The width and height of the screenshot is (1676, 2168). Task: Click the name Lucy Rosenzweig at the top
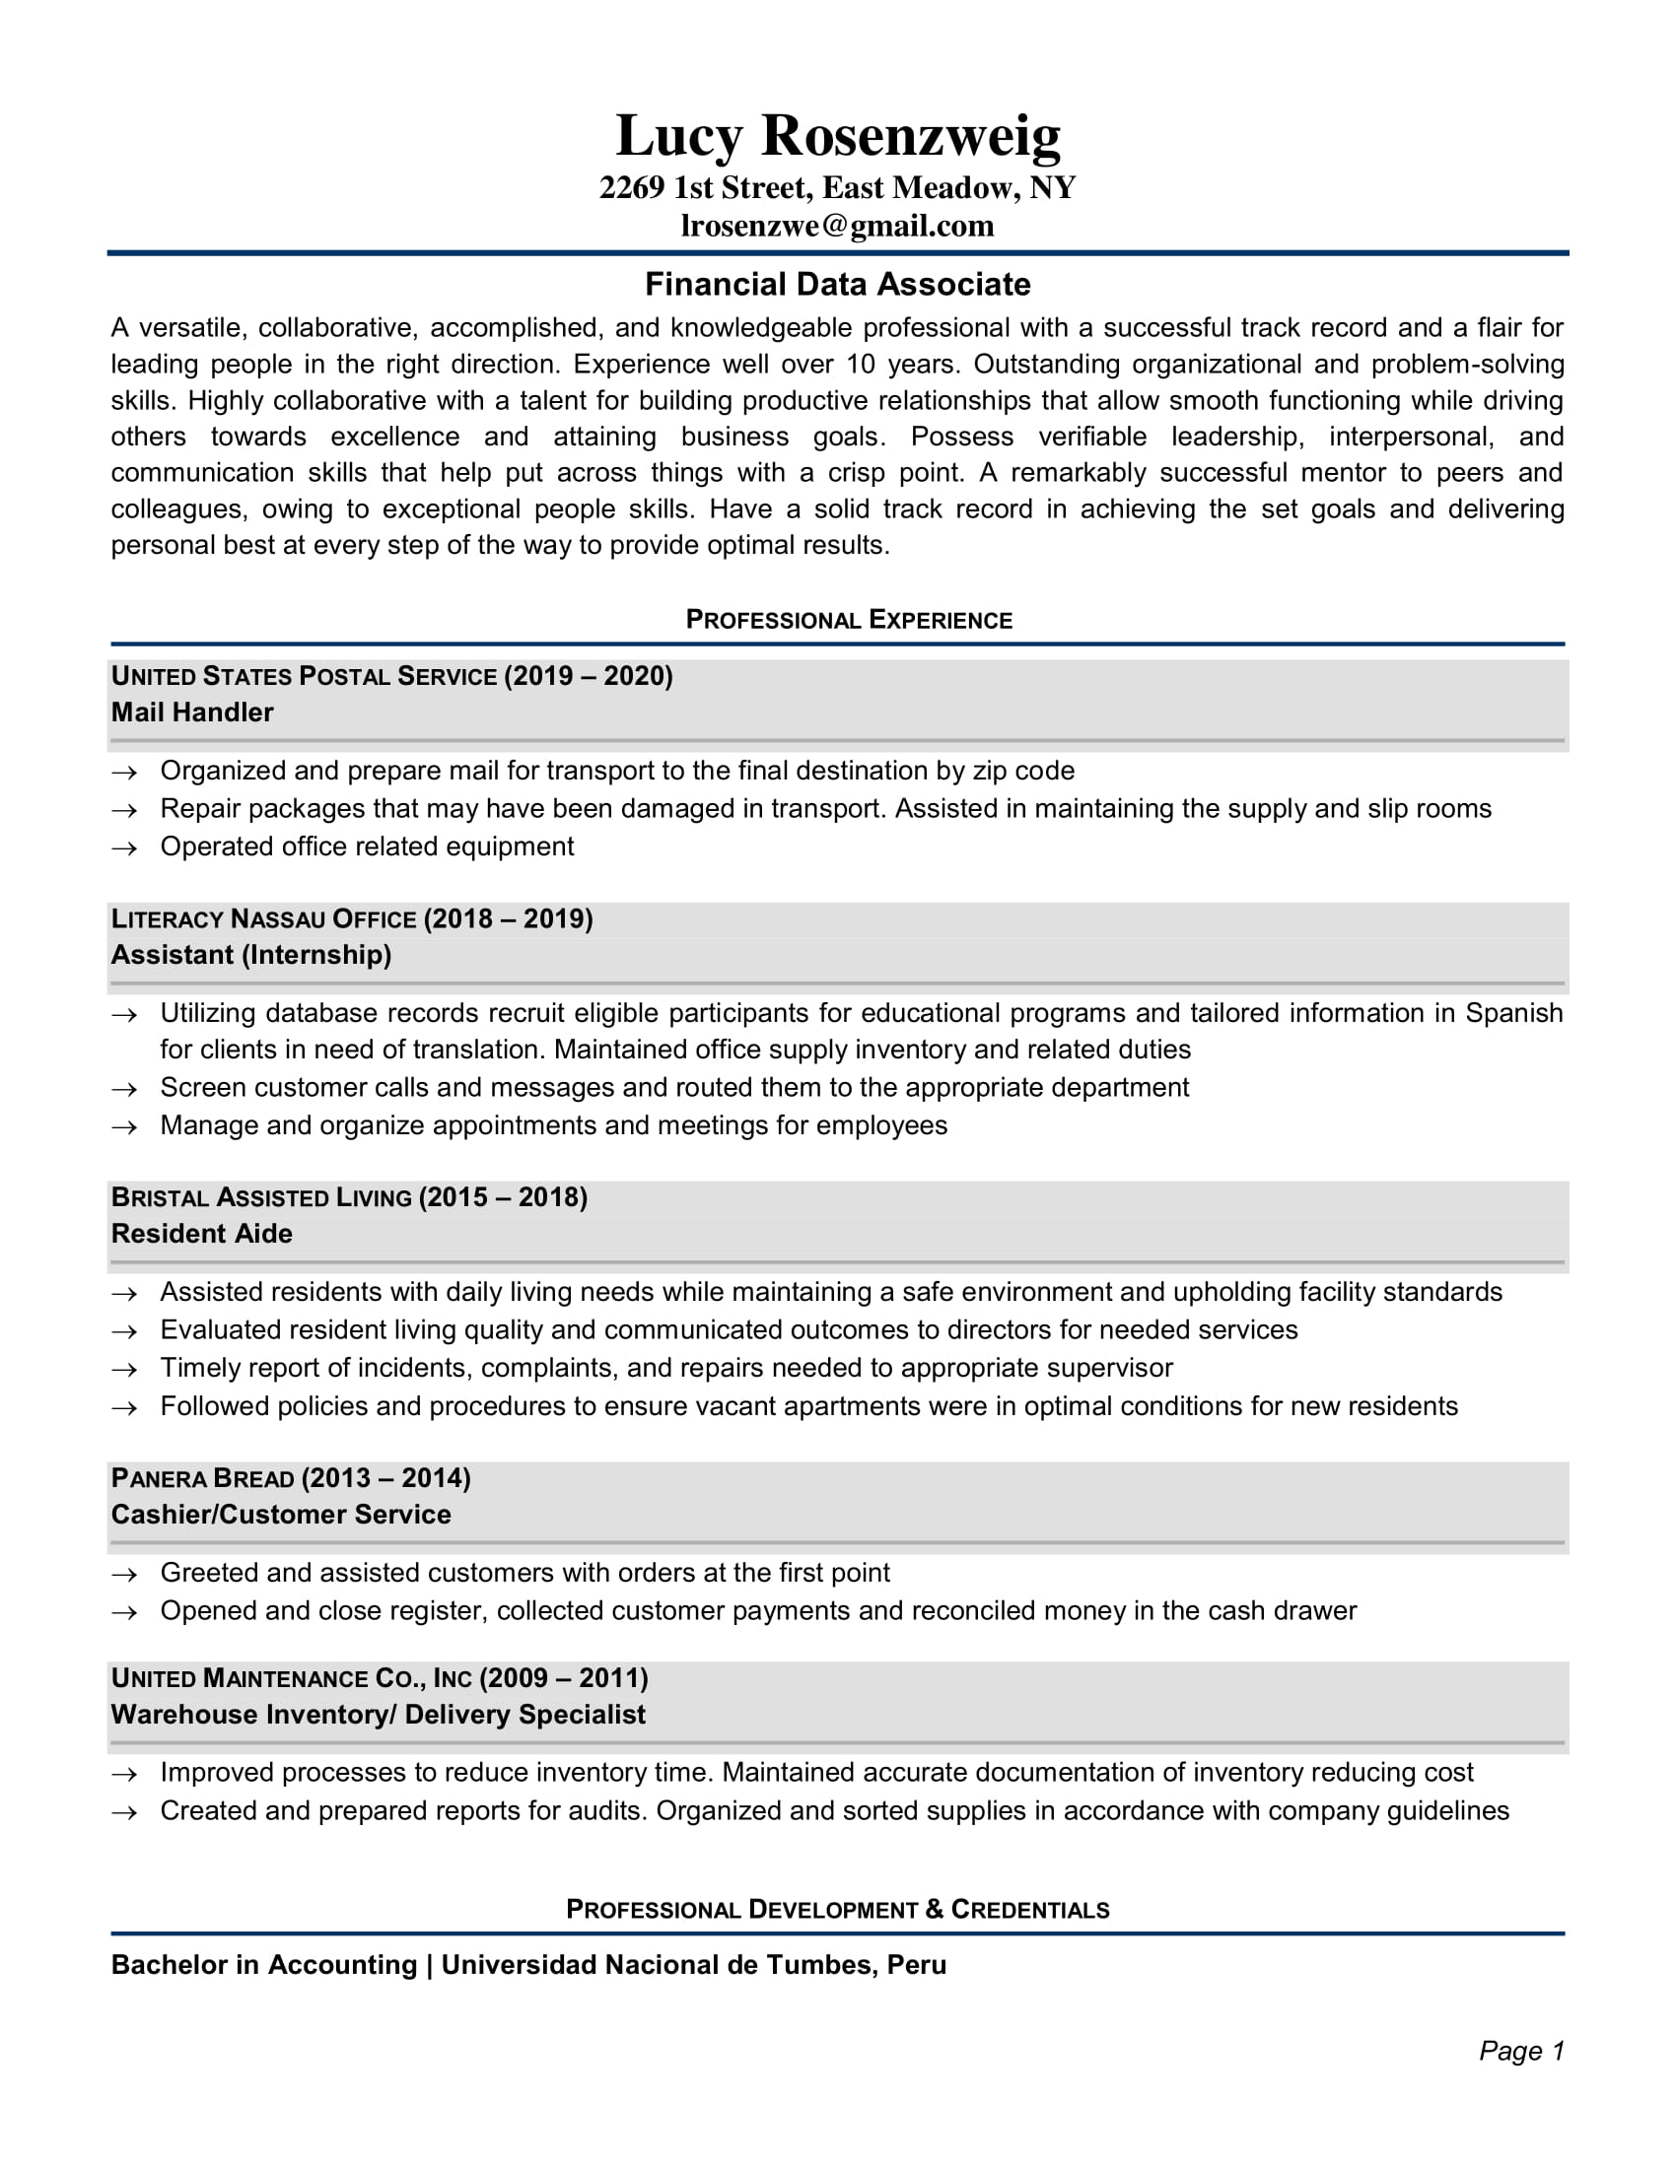click(837, 135)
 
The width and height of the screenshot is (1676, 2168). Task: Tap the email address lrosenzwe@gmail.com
click(837, 227)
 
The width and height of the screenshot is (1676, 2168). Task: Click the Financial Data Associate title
click(837, 285)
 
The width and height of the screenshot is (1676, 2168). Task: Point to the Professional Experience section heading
click(848, 621)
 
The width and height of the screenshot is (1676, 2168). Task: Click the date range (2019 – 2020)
click(588, 676)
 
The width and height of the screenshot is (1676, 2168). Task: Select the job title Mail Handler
click(191, 712)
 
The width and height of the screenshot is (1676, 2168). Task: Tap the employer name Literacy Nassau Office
click(263, 919)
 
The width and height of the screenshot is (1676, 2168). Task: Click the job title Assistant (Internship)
click(251, 955)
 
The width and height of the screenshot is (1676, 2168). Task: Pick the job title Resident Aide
click(201, 1234)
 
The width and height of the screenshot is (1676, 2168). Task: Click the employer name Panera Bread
click(202, 1479)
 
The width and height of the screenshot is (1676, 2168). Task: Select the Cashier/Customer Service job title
click(281, 1515)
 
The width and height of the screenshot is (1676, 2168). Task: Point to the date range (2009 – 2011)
click(563, 1678)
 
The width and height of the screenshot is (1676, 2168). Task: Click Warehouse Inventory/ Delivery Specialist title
click(378, 1716)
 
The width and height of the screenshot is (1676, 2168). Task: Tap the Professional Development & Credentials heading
click(837, 1910)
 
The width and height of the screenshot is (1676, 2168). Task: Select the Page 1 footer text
click(1521, 2051)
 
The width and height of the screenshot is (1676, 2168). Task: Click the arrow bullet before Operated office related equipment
click(124, 848)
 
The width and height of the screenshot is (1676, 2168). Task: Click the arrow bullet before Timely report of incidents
click(124, 1370)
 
